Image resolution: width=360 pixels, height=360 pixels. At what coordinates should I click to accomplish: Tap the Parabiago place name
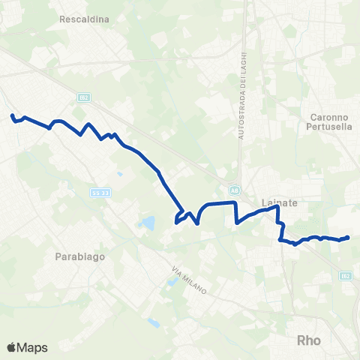pos(79,256)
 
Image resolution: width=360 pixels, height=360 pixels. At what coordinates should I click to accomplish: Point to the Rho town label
pos(308,340)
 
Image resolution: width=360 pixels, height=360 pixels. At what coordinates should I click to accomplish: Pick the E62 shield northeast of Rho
pos(345,277)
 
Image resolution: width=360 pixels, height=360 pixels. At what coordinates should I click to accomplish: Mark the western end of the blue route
pos(12,115)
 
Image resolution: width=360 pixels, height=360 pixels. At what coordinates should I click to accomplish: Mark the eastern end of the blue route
pos(348,238)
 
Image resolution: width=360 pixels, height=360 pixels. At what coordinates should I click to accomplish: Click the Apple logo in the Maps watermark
pos(13,347)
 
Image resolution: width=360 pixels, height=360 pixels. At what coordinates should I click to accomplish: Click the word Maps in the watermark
pos(34,347)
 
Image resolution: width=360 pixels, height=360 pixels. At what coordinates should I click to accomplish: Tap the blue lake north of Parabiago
pos(148,223)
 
